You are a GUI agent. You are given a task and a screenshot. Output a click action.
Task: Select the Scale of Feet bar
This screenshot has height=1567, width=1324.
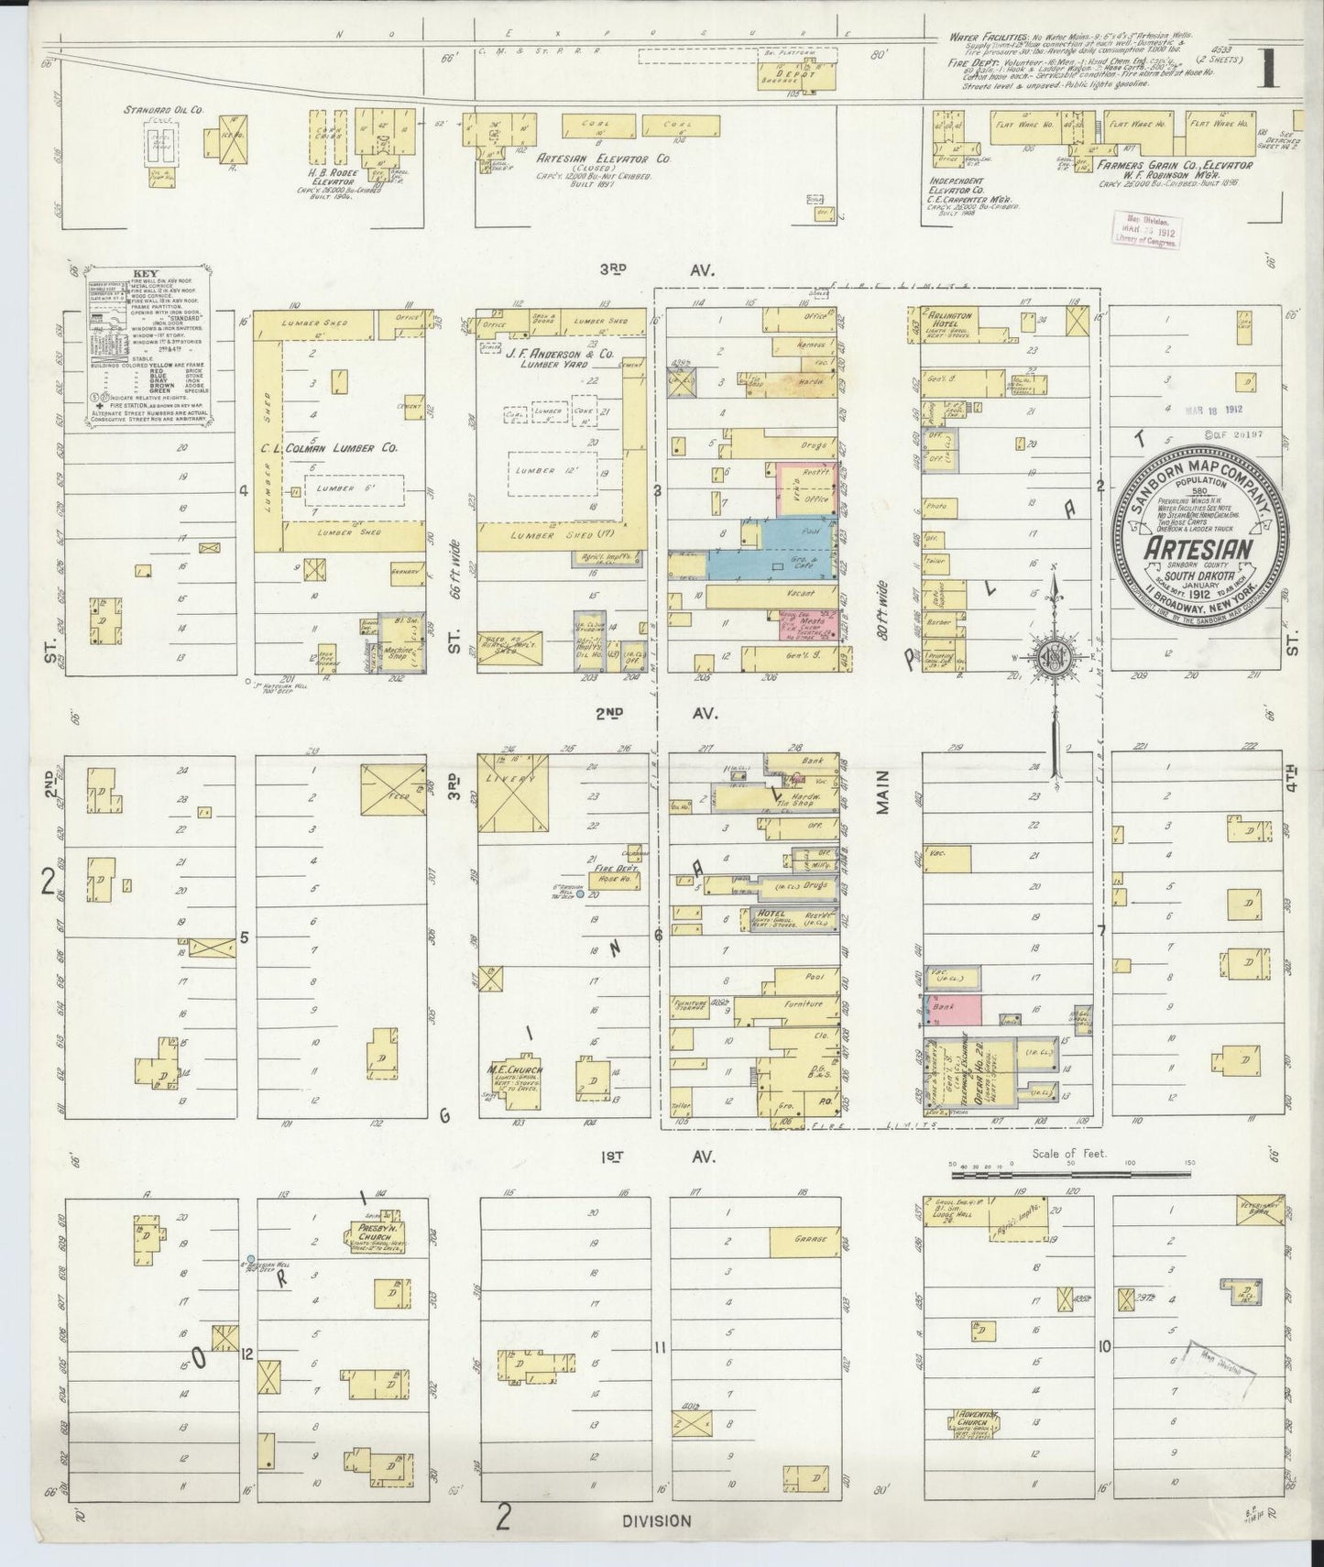pyautogui.click(x=1069, y=1173)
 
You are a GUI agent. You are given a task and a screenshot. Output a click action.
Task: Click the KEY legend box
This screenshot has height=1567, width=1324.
pyautogui.click(x=149, y=343)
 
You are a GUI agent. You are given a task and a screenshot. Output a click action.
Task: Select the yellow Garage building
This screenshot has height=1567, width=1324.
pyautogui.click(x=805, y=1242)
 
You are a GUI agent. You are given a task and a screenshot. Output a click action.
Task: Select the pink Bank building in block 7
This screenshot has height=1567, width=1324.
pyautogui.click(x=957, y=1008)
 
